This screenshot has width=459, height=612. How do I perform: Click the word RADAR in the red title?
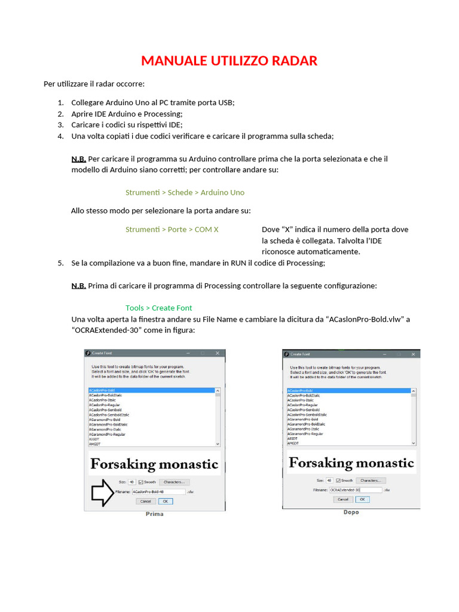(292, 60)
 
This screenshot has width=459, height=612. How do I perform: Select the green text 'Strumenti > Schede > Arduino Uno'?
(185, 192)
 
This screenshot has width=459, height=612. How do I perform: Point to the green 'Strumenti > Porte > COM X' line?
(172, 229)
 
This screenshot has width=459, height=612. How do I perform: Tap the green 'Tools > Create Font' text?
(158, 308)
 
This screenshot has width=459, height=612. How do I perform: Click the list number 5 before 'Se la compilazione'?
(60, 263)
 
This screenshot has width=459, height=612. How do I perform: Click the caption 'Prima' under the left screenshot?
(154, 514)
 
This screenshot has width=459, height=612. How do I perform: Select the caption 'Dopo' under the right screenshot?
(351, 512)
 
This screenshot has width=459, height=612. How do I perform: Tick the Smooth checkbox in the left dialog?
(141, 482)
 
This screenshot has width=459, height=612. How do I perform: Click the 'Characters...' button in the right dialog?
(371, 480)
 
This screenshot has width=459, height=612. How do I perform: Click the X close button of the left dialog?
(218, 354)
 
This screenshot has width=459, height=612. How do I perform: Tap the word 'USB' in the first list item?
(225, 102)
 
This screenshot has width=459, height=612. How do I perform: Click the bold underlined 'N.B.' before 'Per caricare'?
(78, 159)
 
